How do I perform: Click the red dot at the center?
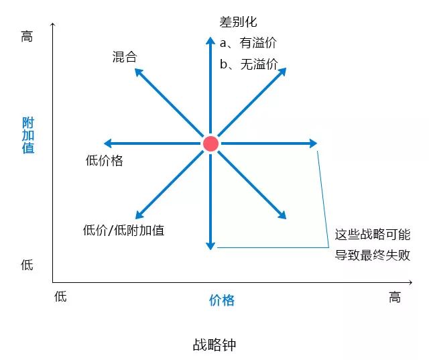point(210,143)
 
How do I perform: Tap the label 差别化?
point(238,22)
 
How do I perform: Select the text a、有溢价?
point(248,43)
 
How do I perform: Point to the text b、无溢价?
point(249,64)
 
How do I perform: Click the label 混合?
point(125,57)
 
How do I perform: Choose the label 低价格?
point(105,160)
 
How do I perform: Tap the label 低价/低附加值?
point(123,230)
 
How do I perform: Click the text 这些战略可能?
point(373,235)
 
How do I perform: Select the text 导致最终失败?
point(373,255)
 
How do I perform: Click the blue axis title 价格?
point(222,300)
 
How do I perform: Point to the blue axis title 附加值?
point(28,135)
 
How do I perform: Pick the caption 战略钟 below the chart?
point(214,345)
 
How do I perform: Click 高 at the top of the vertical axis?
point(27,36)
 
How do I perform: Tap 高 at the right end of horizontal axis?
point(395,297)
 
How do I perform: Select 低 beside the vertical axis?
point(27,265)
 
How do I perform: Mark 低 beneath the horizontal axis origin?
point(60,296)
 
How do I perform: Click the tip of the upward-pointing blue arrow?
point(210,37)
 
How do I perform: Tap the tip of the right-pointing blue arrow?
point(317,143)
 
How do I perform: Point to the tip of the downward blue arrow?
point(210,250)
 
